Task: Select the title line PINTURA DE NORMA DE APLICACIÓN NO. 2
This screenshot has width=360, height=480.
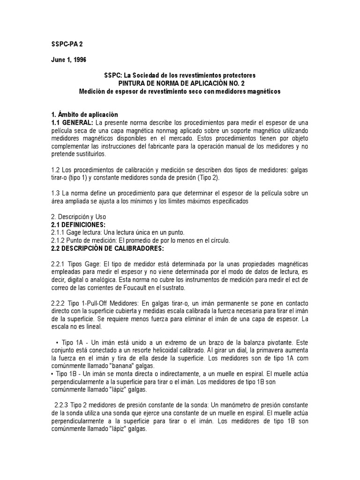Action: pos(180,83)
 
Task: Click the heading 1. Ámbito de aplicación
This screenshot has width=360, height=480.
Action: pos(84,115)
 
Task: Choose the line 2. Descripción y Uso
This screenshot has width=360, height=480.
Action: pos(78,217)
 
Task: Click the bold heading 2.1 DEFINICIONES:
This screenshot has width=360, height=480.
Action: pos(78,225)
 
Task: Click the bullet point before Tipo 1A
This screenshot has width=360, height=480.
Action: pos(57,343)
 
